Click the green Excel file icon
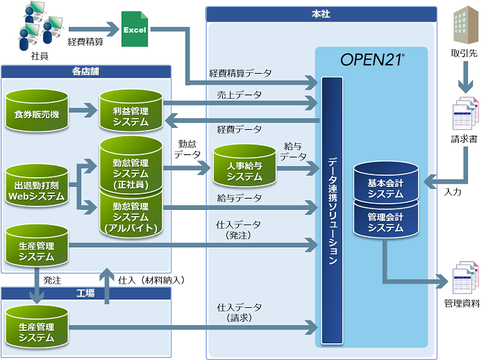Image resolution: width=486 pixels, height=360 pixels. (x=135, y=29)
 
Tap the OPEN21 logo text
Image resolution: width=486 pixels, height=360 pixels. (x=373, y=59)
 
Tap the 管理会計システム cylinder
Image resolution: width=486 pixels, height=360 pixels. (x=386, y=221)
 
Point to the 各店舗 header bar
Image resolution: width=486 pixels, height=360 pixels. (x=86, y=71)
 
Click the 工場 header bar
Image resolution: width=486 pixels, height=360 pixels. (x=86, y=294)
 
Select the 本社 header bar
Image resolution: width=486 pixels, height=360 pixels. (x=321, y=13)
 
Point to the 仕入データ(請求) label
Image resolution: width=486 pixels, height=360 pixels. (x=239, y=311)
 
